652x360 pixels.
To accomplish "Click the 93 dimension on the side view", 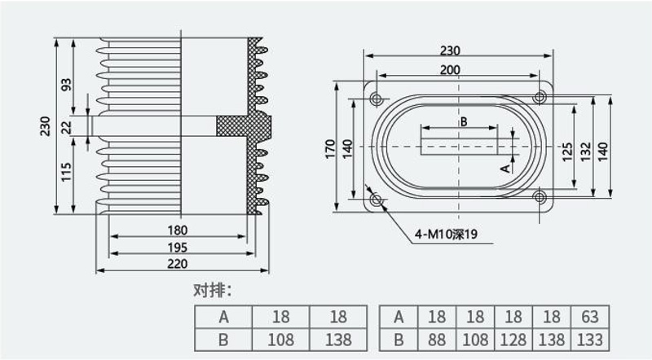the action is tap(67, 85).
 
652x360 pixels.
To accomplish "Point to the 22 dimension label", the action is tap(67, 127).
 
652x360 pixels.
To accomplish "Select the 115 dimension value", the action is tap(67, 172).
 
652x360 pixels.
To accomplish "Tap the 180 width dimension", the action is tap(178, 230).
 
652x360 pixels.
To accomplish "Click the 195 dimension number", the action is tap(178, 248).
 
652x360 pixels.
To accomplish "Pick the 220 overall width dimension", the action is tap(178, 264).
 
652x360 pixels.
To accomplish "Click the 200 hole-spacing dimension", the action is tap(451, 69).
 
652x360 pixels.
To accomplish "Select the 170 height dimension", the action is tap(330, 148).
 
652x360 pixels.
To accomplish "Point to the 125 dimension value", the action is tap(567, 152).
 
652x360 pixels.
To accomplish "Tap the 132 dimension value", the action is tap(585, 152).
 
